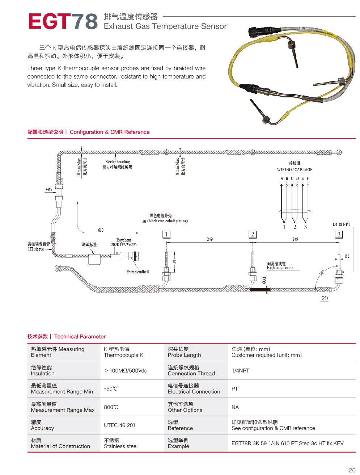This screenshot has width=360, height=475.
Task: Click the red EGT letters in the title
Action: [49, 21]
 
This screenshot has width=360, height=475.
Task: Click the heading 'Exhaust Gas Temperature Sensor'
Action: [165, 26]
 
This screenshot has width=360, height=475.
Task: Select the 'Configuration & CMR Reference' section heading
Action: [110, 132]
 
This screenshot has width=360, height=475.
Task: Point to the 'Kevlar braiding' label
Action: [117, 162]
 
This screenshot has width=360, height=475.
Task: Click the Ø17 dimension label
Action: [49, 189]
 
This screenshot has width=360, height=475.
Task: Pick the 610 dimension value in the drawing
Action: [101, 230]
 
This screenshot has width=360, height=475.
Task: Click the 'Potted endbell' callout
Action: [137, 272]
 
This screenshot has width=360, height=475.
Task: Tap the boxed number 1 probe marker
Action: [166, 234]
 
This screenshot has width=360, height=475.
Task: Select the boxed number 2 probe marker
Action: [253, 234]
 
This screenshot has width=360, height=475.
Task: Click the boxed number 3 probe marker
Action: [339, 234]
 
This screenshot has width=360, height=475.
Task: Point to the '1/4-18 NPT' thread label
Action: [341, 224]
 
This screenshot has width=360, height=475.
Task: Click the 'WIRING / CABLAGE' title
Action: [295, 170]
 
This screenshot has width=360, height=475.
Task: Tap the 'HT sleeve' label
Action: [36, 249]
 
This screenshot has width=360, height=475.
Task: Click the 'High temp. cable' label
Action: [280, 268]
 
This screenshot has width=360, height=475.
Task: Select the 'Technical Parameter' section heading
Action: [80, 337]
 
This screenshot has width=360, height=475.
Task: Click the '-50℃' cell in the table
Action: [111, 389]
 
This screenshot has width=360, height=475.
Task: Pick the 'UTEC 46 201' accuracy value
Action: [119, 425]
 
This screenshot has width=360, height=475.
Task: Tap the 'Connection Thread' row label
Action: [191, 374]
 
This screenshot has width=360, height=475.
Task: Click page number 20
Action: [352, 470]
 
